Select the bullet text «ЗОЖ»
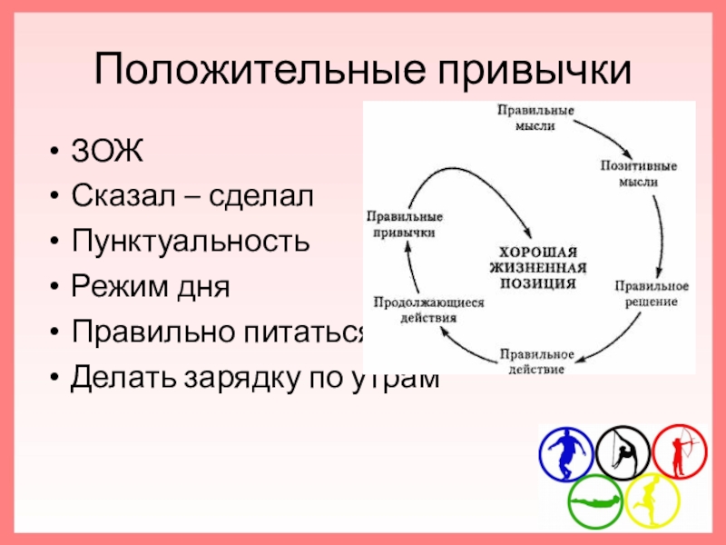pos(107,151)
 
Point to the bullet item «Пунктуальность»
pos(190,242)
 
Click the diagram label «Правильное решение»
pos(651,292)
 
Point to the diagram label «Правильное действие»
pos(537,361)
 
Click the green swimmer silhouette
pos(595,500)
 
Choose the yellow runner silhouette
pos(652,500)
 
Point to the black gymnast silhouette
pos(623,451)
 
